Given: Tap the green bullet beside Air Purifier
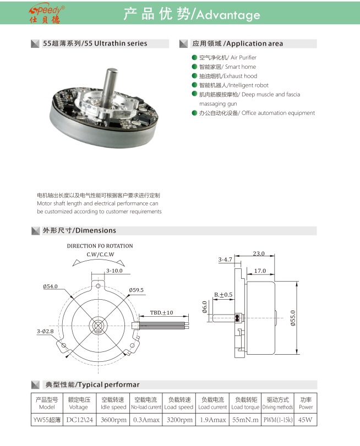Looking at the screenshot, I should (194, 58).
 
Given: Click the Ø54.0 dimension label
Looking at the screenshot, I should (50, 287).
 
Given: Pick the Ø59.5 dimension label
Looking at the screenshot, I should (136, 290).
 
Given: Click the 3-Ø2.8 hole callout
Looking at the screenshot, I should (46, 331).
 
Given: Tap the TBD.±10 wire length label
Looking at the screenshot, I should (161, 312).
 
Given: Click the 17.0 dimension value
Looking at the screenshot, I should (260, 271).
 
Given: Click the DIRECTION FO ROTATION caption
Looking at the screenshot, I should (100, 246).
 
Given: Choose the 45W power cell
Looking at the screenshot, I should (306, 420).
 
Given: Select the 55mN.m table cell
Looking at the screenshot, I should (244, 420).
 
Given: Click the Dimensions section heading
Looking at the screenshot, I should (79, 230).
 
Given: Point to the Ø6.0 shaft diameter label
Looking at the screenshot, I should (204, 307).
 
